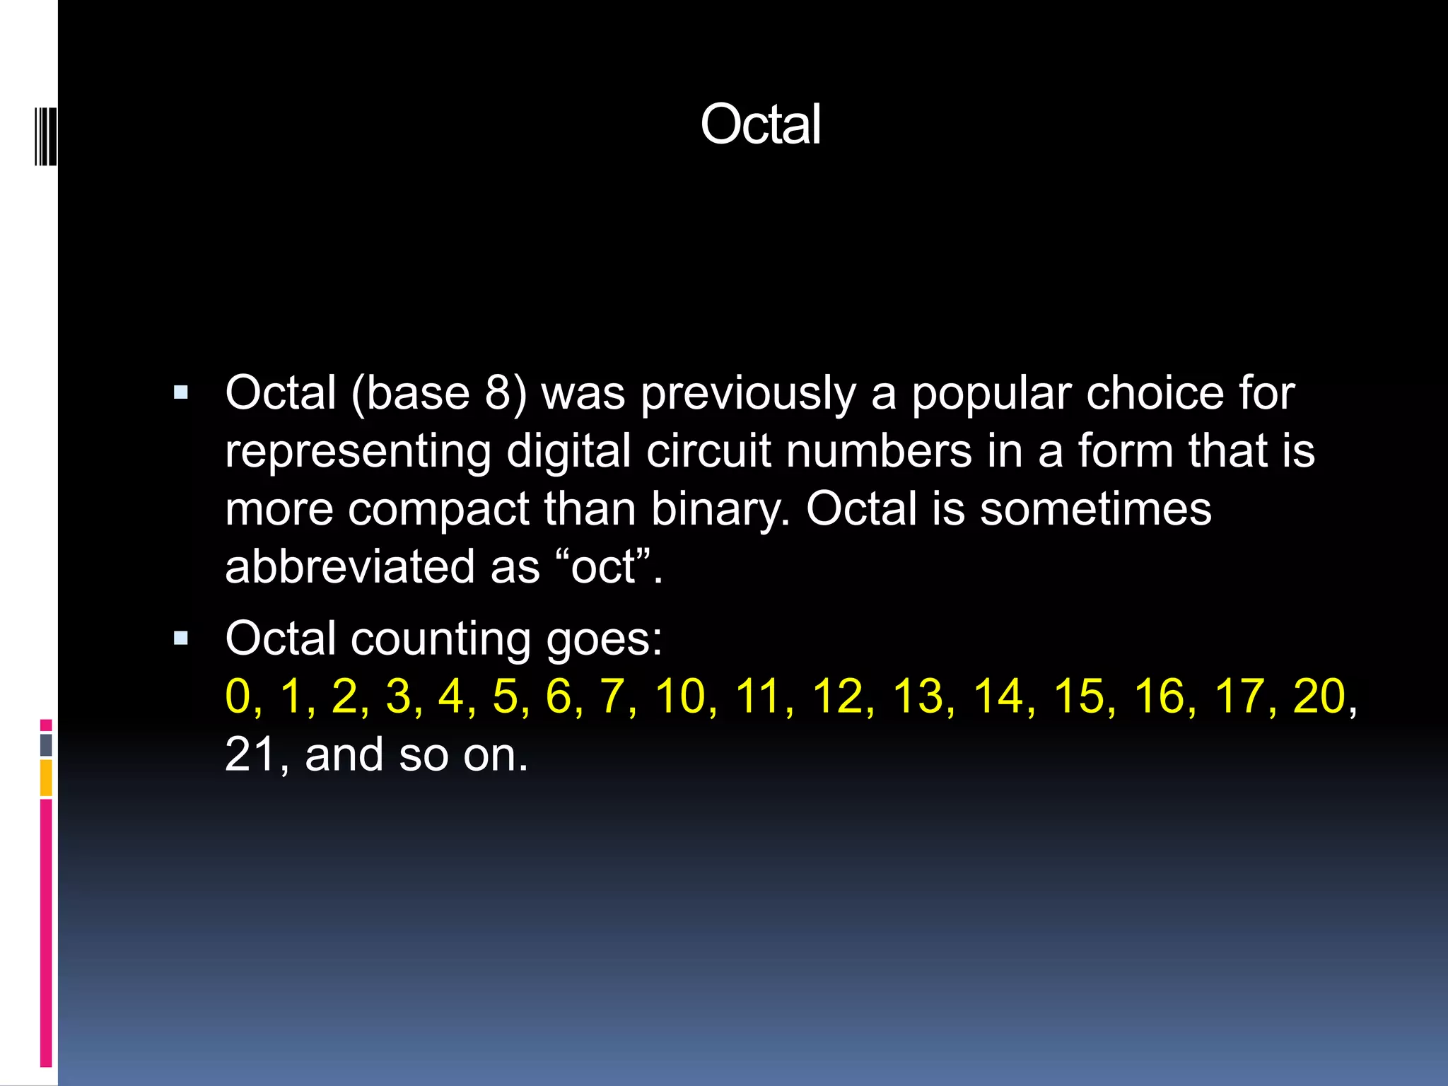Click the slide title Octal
point(760,124)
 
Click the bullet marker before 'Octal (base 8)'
point(181,393)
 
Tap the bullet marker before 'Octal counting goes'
point(181,639)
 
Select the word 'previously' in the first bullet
point(748,394)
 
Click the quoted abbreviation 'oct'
point(603,568)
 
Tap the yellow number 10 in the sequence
point(680,696)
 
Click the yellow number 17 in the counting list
point(1239,696)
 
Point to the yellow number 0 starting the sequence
point(238,696)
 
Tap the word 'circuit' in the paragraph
point(708,451)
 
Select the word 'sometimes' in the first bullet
point(1095,509)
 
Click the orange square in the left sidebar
point(46,778)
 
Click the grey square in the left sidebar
point(46,745)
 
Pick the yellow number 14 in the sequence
point(998,696)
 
